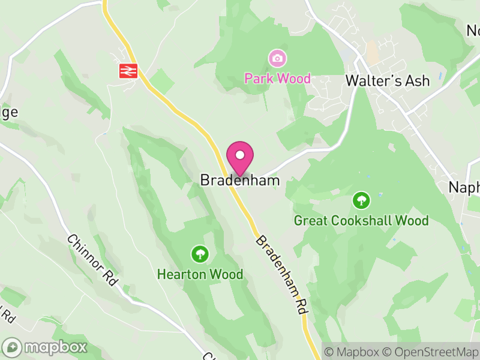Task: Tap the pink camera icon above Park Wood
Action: (277, 58)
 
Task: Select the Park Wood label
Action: (277, 79)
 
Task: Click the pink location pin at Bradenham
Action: (240, 160)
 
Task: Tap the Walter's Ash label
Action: (388, 80)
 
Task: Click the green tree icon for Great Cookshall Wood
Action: (361, 200)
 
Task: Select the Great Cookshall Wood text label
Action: (361, 221)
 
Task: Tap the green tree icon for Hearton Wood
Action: (200, 254)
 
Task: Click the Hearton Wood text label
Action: (200, 275)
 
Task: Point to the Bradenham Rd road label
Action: (282, 275)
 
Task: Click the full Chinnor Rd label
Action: (92, 259)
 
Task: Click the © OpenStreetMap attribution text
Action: (430, 351)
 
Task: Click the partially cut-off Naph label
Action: (464, 187)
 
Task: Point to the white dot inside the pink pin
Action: (240, 155)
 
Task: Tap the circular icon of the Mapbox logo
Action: (13, 347)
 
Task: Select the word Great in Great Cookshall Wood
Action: (311, 221)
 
